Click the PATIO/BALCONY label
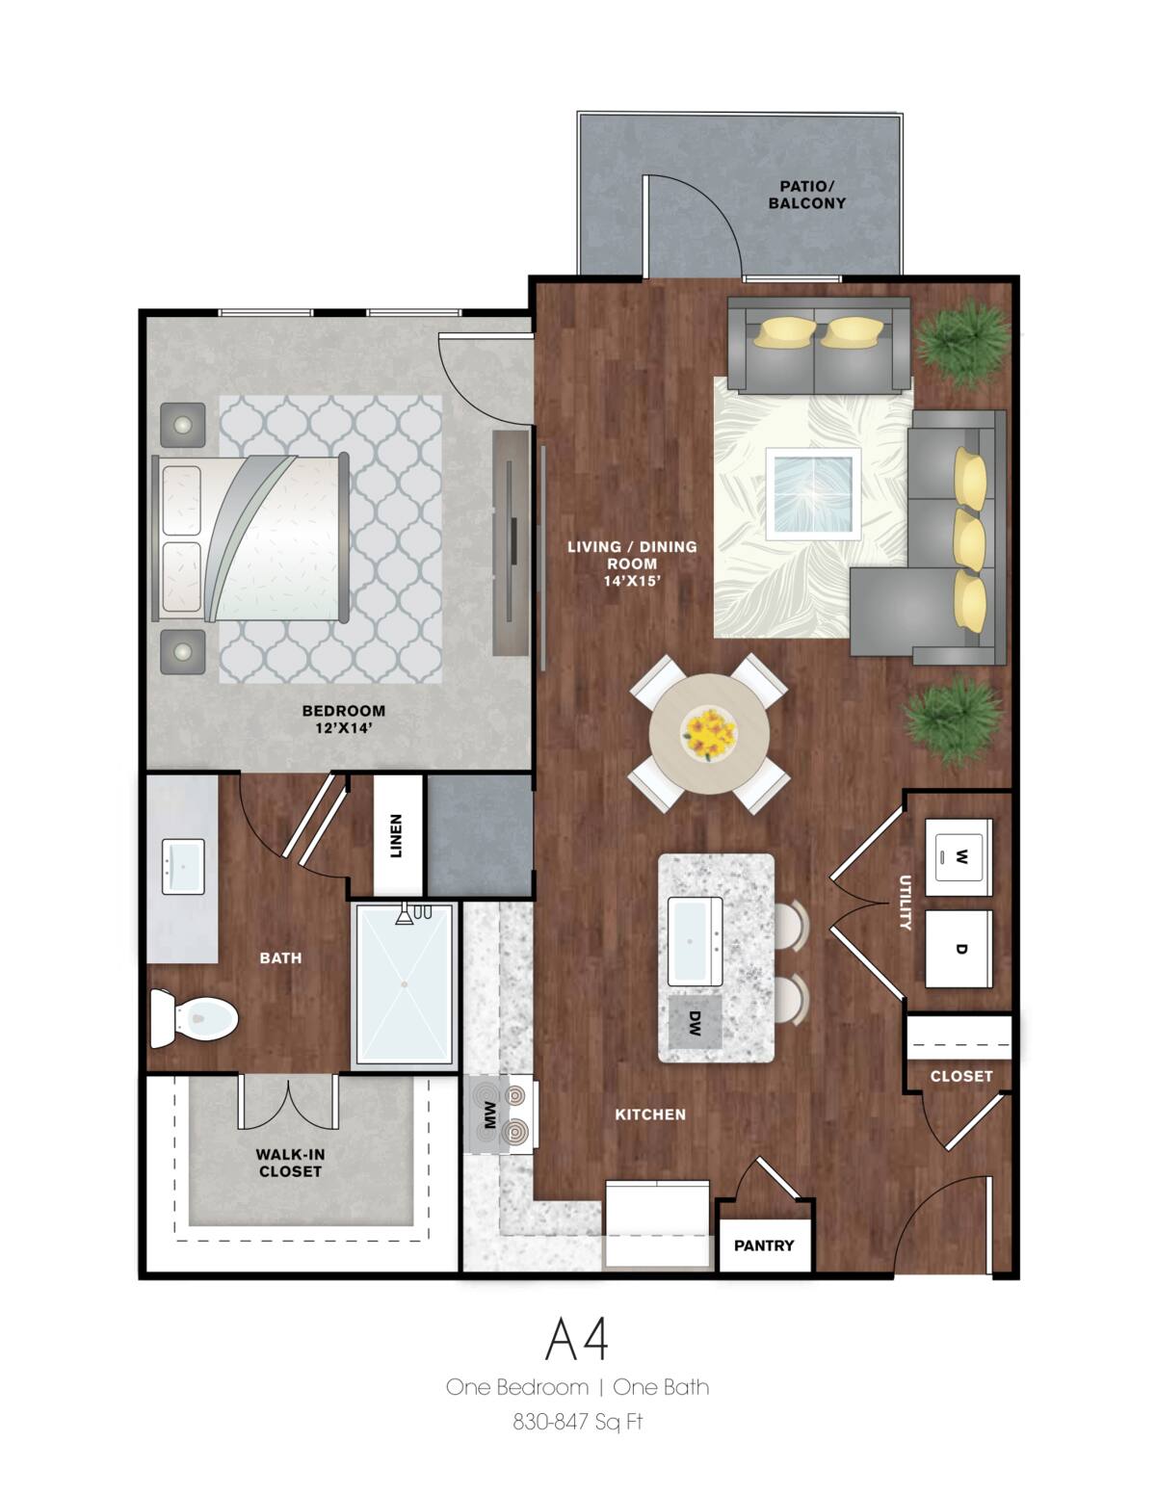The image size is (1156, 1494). [x=806, y=195]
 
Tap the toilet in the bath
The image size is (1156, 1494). [x=196, y=1017]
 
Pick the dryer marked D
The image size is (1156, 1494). [x=959, y=949]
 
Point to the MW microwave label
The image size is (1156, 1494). [x=489, y=1114]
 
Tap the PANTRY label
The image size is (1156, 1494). [x=764, y=1245]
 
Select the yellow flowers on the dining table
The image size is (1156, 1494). [x=709, y=733]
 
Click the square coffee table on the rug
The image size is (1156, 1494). [x=812, y=492]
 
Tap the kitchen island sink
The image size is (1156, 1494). [x=695, y=941]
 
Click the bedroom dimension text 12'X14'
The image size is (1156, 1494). [x=343, y=728]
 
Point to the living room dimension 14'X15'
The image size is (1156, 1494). [x=631, y=581]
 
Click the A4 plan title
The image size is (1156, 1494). [x=577, y=1338]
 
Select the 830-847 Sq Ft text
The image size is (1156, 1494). [x=577, y=1422]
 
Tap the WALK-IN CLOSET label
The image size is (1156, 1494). [x=289, y=1163]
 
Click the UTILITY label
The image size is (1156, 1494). [x=905, y=902]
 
